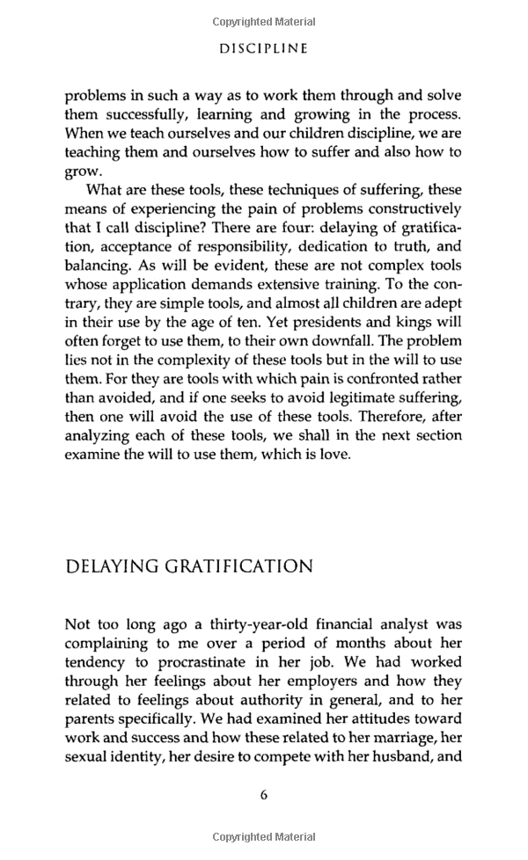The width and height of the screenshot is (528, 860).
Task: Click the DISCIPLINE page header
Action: click(x=263, y=49)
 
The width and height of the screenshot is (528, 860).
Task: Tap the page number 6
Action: click(x=264, y=795)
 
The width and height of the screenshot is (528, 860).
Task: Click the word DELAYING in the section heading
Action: click(x=112, y=566)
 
